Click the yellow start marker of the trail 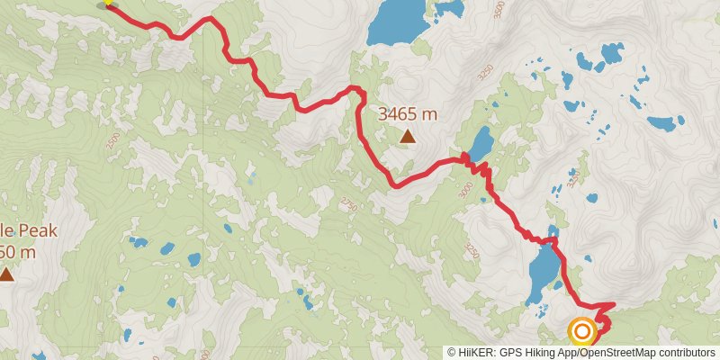click(x=108, y=3)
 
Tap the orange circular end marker click(x=582, y=332)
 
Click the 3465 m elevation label click(x=408, y=114)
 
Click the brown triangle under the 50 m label click(x=7, y=274)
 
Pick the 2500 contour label click(x=112, y=142)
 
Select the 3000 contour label click(x=464, y=191)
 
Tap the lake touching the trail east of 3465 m click(x=480, y=143)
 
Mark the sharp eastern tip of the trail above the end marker click(x=615, y=303)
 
